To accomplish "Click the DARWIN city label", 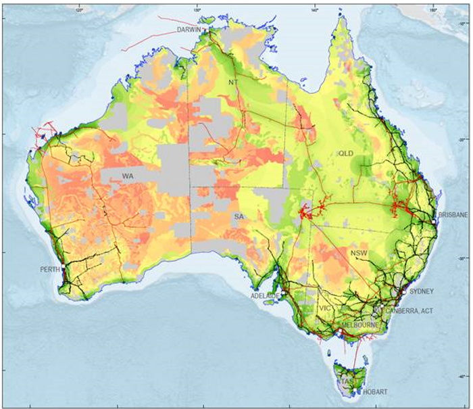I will [189, 30].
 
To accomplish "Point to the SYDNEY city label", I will [421, 291].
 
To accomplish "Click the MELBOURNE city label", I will [358, 324].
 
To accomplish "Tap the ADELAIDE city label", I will [266, 296].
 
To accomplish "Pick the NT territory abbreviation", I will [234, 82].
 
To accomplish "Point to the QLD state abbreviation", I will [347, 153].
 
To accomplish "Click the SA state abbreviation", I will [238, 216].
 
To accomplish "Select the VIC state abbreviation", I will [326, 308].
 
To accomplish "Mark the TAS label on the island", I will [346, 381].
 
